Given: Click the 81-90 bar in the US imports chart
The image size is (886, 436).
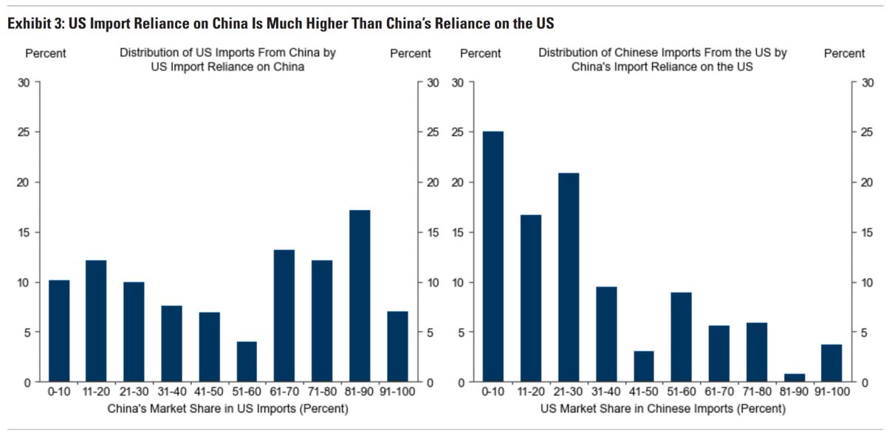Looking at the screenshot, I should click(x=360, y=296).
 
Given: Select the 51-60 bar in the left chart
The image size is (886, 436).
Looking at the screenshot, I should click(x=247, y=361).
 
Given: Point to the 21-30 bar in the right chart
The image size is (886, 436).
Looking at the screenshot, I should click(x=569, y=277).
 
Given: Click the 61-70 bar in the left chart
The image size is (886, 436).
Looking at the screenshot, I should click(x=284, y=316).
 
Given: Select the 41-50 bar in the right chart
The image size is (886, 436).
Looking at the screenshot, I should click(x=644, y=367).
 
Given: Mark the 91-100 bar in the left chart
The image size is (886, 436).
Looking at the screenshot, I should click(x=397, y=347).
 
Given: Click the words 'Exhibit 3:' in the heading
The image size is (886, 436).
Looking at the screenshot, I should click(x=35, y=24).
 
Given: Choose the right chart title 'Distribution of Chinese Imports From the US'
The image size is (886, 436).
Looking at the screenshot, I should click(x=662, y=53).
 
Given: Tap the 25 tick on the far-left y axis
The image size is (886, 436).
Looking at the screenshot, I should click(x=24, y=132).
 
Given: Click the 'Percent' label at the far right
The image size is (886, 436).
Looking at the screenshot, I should click(x=844, y=53).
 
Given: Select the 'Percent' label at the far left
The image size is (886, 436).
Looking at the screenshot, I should click(x=46, y=53).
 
